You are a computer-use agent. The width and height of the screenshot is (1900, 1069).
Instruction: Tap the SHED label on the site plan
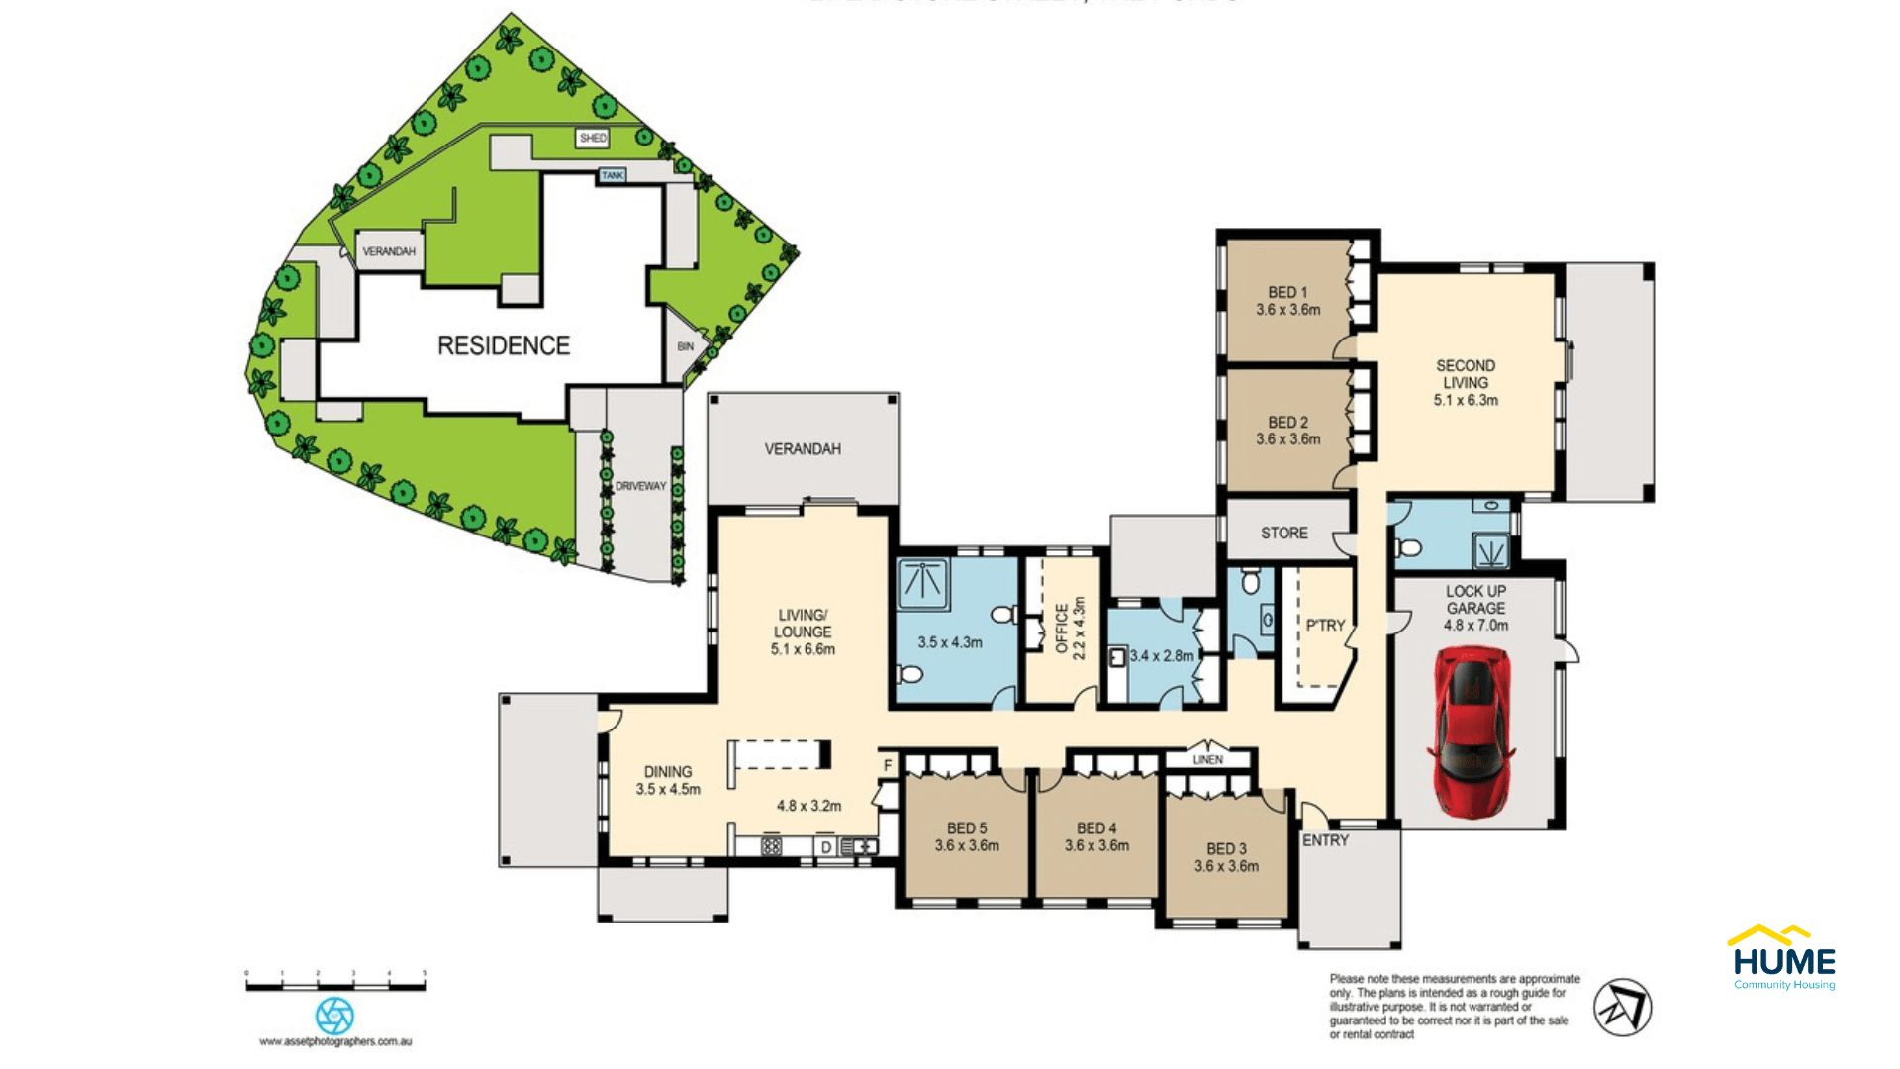[593, 138]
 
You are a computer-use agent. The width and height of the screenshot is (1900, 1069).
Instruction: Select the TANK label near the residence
[613, 175]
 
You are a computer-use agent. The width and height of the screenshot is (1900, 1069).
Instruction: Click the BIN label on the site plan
[685, 346]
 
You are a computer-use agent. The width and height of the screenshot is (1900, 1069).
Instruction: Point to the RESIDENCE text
[504, 345]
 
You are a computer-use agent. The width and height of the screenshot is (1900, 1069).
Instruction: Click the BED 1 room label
[1287, 300]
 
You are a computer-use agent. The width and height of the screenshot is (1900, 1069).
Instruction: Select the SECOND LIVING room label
[1466, 382]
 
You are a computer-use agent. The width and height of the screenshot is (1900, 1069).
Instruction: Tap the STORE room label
[1283, 533]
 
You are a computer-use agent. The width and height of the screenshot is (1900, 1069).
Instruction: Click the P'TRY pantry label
[1324, 625]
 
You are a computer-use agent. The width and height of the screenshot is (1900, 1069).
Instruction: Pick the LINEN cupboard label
[1207, 759]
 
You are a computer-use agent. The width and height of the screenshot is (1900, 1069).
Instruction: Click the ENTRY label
[1325, 840]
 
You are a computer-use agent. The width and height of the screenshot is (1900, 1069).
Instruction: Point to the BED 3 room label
[1226, 857]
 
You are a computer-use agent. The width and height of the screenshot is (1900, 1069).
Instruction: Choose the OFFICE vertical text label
[1063, 629]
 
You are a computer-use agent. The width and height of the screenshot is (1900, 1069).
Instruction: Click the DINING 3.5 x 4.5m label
[668, 780]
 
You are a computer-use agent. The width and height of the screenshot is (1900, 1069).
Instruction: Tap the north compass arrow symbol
[1622, 1008]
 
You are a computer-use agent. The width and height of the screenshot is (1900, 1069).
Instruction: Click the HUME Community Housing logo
[1783, 958]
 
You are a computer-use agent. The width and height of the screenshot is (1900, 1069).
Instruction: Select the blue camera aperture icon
[334, 1016]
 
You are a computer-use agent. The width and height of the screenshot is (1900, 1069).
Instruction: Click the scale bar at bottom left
[335, 985]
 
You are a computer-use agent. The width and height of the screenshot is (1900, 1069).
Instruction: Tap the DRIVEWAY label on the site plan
[640, 486]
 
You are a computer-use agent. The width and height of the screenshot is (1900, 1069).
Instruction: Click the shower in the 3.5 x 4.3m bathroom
[922, 583]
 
